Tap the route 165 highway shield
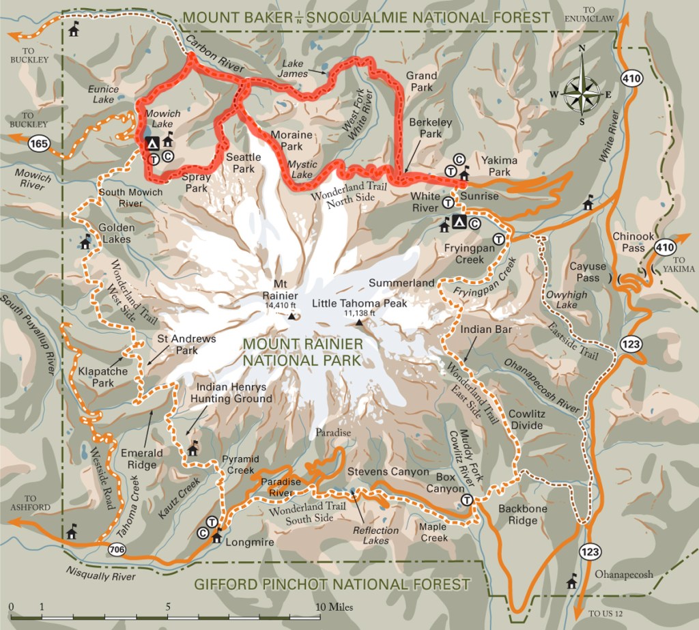click(38, 144)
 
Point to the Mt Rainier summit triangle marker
click(291, 317)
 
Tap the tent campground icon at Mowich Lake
click(152, 143)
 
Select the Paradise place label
click(332, 433)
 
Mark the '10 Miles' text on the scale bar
click(335, 607)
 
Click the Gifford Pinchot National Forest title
click(332, 584)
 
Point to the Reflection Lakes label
click(375, 536)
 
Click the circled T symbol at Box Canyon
click(466, 500)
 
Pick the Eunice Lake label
click(103, 94)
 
